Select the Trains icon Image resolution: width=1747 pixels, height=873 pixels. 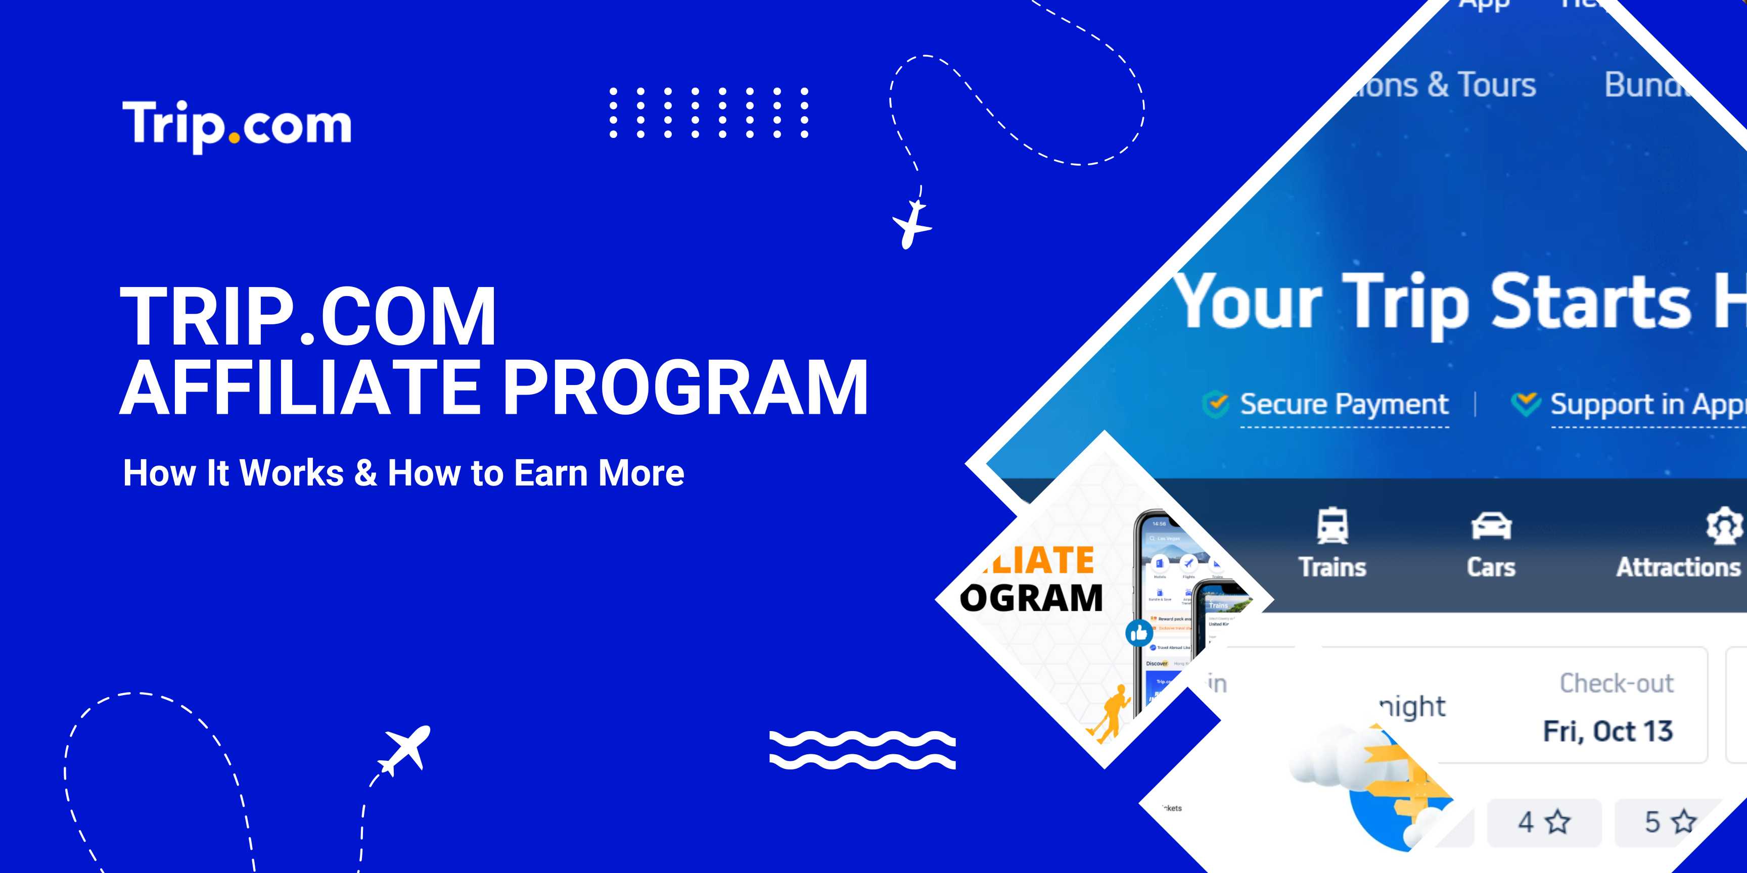(1332, 526)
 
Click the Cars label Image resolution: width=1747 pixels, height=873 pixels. (1491, 567)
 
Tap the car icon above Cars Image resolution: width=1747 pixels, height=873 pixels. (1491, 526)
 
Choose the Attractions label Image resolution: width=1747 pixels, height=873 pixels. (1678, 567)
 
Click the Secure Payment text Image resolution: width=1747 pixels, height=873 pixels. (1344, 404)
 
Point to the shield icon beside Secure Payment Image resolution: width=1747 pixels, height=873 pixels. (1215, 404)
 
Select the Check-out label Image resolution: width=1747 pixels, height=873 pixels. (1616, 683)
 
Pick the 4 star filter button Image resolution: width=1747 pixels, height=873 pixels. (1544, 822)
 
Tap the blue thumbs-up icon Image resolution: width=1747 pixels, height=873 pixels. (1139, 633)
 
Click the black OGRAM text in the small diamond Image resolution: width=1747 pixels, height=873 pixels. (1031, 598)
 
